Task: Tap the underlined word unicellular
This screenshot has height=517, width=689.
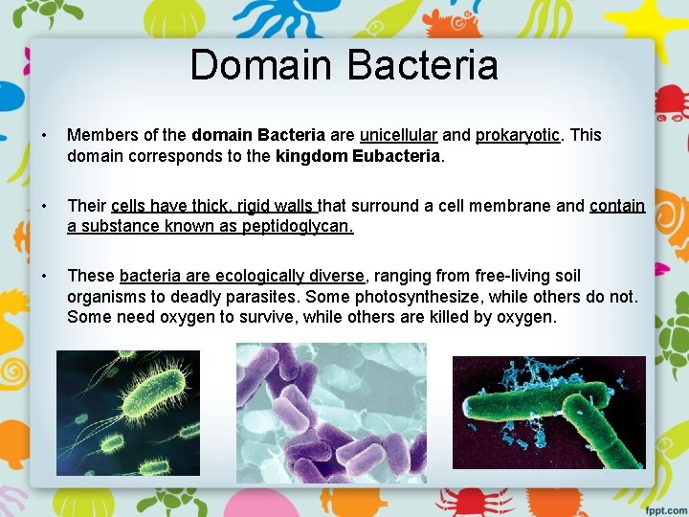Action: coord(398,135)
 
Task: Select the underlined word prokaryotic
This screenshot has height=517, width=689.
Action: coord(518,135)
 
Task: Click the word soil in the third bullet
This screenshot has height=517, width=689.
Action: coord(566,276)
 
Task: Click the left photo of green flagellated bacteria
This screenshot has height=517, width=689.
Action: coord(128,413)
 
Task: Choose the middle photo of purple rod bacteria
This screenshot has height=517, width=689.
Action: coord(331,413)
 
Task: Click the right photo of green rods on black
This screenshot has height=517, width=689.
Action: coord(548,412)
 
